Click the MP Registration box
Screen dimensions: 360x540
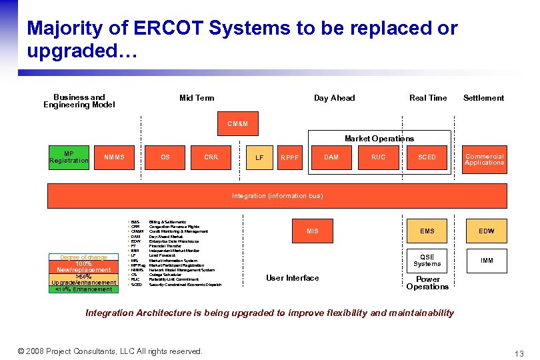point(69,157)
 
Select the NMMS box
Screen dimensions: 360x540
point(115,157)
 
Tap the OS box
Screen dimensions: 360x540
point(165,157)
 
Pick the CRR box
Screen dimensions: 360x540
point(211,157)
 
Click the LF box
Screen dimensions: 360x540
point(259,158)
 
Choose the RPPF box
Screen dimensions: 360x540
point(290,158)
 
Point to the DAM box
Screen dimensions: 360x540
point(331,157)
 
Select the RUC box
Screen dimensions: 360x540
point(379,157)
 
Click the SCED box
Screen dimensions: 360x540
point(427,157)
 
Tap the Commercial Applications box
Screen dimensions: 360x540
point(485,159)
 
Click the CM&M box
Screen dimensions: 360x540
point(237,123)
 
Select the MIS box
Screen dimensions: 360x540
point(313,231)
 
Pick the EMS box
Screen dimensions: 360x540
point(427,231)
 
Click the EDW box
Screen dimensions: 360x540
point(487,231)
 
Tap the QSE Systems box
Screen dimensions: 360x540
point(427,260)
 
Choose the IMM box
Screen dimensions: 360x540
point(487,260)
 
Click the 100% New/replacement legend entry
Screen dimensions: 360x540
point(84,267)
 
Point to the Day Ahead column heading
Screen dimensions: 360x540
point(334,98)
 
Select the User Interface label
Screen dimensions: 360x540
point(292,278)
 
